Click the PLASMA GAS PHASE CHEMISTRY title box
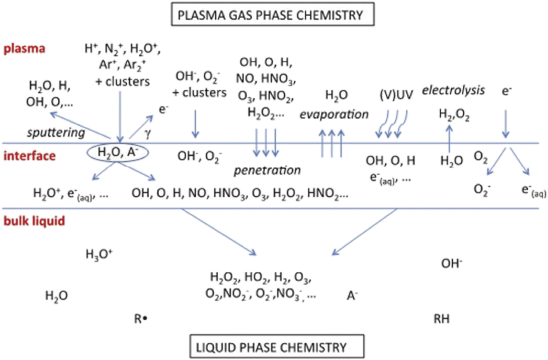273,14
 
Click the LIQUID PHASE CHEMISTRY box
277,347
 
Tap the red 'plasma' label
24,48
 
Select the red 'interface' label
30,156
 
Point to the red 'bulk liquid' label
34,221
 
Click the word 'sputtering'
56,133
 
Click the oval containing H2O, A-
118,152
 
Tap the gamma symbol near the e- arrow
147,133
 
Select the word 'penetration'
267,170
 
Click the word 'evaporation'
334,114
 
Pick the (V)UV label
396,95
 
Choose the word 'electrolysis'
453,90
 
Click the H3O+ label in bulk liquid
99,254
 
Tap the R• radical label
141,318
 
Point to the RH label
441,319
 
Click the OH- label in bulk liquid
451,263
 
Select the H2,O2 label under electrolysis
454,114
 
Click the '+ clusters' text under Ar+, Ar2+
122,82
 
